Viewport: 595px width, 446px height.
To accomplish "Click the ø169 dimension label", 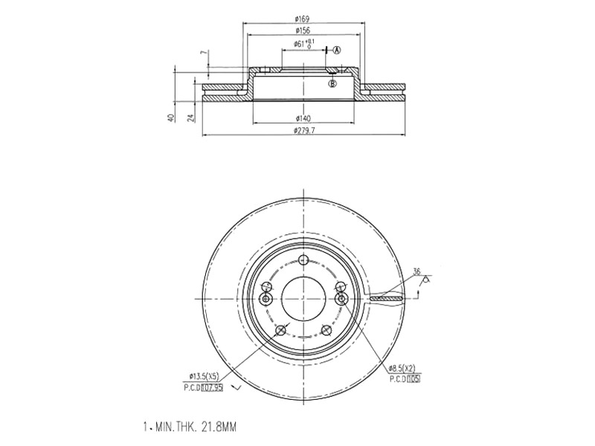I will (x=302, y=19).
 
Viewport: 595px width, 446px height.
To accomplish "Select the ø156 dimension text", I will (x=302, y=31).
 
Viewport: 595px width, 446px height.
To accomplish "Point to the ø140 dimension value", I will (x=302, y=118).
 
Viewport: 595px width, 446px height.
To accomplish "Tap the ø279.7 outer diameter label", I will (x=304, y=131).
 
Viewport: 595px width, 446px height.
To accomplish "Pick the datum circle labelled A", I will (x=335, y=51).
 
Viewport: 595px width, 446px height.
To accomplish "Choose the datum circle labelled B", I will (x=332, y=83).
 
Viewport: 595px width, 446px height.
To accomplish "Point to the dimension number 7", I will (x=202, y=53).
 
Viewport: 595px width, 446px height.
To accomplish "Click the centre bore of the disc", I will (x=303, y=296).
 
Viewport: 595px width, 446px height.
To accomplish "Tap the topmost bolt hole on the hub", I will (x=303, y=259).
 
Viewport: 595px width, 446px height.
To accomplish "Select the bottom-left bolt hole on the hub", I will (x=280, y=332).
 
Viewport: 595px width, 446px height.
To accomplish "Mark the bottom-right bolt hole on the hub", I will (x=326, y=332).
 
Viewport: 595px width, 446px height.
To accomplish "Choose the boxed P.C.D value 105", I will (x=414, y=378).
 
